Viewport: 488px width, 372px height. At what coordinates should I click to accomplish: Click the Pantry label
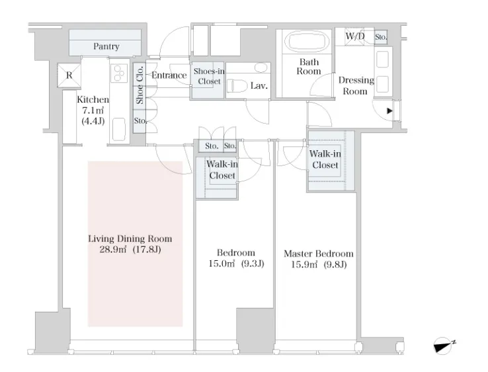point(106,46)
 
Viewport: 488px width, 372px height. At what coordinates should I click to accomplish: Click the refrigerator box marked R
point(69,75)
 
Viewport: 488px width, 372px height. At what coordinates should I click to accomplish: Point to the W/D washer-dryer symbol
point(354,36)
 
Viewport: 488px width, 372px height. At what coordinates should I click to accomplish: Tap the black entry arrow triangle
point(389,111)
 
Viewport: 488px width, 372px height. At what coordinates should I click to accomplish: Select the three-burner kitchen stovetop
point(119,73)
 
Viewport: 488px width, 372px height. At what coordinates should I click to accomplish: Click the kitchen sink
point(119,129)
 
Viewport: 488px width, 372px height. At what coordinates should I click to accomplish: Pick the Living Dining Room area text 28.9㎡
point(112,250)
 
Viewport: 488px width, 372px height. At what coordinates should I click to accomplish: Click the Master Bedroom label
point(319,254)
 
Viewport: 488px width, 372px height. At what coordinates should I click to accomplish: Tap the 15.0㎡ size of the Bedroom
point(222,264)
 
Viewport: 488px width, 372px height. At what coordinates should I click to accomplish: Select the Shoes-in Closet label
point(209,76)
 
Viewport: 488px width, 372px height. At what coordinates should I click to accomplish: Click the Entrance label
point(169,75)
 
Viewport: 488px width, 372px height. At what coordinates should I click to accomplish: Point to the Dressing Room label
point(356,85)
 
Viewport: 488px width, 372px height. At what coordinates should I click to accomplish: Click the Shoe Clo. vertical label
point(140,85)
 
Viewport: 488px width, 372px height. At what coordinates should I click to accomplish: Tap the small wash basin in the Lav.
point(261,68)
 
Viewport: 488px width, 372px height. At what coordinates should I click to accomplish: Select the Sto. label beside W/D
point(381,37)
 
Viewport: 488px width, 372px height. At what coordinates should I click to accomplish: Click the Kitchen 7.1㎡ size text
point(93,111)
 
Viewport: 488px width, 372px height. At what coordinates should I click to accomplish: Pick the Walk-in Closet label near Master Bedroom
point(325,160)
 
